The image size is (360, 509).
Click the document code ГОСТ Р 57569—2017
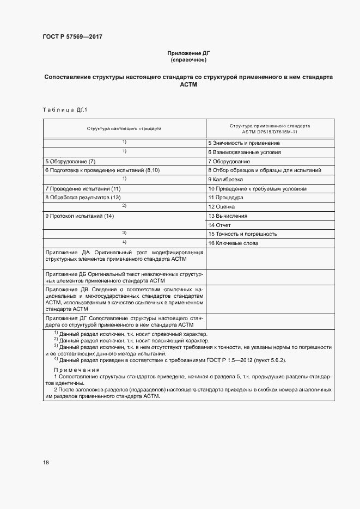click(x=72, y=37)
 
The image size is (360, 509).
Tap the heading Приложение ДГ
click(x=188, y=53)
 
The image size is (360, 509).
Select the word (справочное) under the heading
click(x=188, y=60)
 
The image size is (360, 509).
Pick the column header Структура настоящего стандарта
click(x=124, y=129)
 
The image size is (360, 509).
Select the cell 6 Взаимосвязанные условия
click(x=245, y=152)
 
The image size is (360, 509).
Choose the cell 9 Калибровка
click(x=225, y=179)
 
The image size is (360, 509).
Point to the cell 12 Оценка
click(x=222, y=206)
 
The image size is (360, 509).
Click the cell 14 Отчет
click(x=219, y=225)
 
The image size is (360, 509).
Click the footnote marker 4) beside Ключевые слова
click(x=124, y=242)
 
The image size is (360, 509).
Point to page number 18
click(x=46, y=462)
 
